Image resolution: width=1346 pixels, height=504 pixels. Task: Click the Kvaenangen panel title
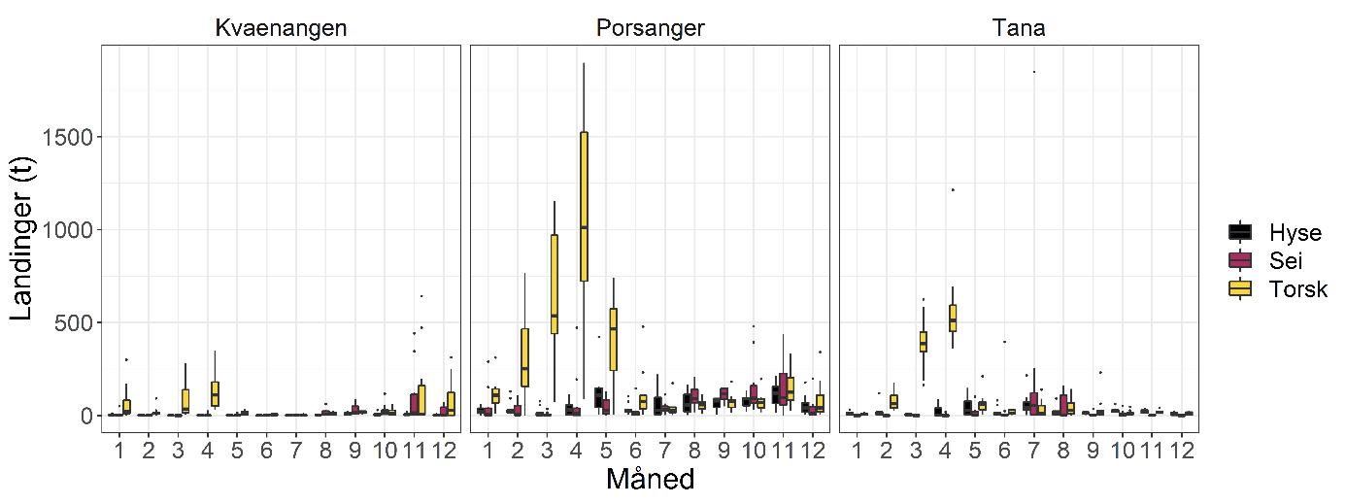[280, 28]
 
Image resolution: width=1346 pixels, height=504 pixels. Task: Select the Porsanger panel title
[650, 28]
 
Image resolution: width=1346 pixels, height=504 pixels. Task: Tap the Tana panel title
[1019, 28]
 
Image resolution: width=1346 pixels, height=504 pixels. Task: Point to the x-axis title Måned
[650, 480]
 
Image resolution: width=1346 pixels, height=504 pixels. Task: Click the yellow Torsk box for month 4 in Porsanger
[584, 206]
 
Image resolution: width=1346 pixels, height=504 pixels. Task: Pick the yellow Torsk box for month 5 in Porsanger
[614, 339]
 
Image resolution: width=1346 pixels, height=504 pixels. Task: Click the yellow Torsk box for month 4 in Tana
[953, 318]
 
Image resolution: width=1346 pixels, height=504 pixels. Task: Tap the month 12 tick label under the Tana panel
[1182, 451]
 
